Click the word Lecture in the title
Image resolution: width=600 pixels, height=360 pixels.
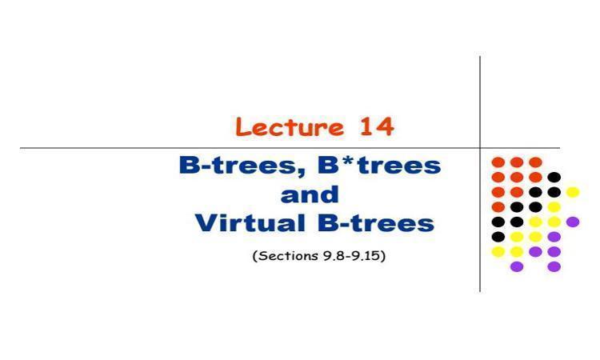pyautogui.click(x=290, y=126)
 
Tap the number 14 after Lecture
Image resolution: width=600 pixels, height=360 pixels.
pyautogui.click(x=377, y=126)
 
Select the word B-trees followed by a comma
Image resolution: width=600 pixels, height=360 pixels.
pyautogui.click(x=242, y=166)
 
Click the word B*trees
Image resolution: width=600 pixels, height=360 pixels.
pyautogui.click(x=379, y=166)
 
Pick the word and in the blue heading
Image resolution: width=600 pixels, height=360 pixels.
pyautogui.click(x=310, y=194)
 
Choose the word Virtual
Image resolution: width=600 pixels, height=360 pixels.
pyautogui.click(x=250, y=223)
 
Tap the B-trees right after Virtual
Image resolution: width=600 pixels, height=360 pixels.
pyautogui.click(x=376, y=223)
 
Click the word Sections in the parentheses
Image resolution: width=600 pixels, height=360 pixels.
pyautogui.click(x=288, y=255)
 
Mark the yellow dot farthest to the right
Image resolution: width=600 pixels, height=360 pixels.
pyautogui.click(x=573, y=192)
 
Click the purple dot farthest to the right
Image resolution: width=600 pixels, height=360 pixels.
pyautogui.click(x=573, y=222)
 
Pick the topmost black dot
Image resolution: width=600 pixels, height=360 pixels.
pyautogui.click(x=554, y=177)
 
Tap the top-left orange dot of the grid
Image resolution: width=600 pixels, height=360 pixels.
pyautogui.click(x=498, y=162)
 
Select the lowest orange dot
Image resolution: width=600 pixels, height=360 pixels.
pyautogui.click(x=498, y=207)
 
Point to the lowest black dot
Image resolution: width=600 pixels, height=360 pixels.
pyautogui.click(x=498, y=237)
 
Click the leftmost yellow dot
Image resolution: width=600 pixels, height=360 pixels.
pyautogui.click(x=498, y=252)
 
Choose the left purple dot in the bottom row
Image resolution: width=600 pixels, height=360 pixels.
pyautogui.click(x=517, y=266)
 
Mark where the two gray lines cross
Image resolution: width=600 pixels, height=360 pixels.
pyautogui.click(x=480, y=148)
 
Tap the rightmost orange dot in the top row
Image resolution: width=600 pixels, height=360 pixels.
pyautogui.click(x=535, y=162)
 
